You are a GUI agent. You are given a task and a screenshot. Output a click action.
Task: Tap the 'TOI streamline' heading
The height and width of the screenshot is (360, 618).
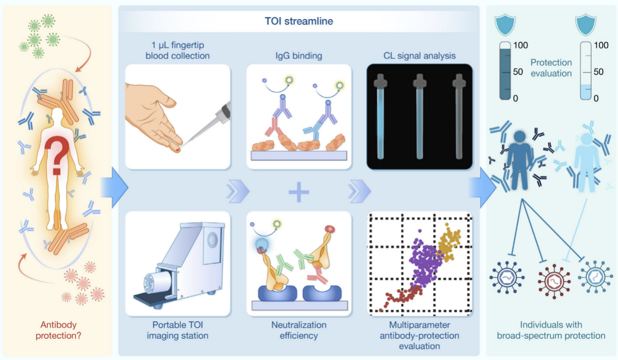click(x=299, y=22)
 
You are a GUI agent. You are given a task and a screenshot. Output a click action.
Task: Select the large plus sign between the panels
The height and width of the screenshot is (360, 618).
click(x=298, y=191)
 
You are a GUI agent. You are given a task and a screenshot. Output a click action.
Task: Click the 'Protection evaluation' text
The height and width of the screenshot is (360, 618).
click(x=551, y=67)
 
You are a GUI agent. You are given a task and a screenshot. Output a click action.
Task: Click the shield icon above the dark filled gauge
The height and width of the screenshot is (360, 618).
click(x=504, y=25)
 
